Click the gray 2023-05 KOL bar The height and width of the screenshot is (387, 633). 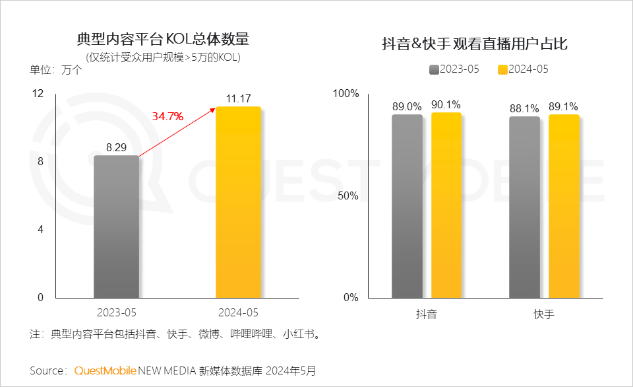point(117,227)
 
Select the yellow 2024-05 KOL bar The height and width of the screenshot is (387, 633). point(238,202)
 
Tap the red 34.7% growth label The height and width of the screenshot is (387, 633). point(167,116)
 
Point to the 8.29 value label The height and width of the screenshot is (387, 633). point(116,147)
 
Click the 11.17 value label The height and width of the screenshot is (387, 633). point(238,99)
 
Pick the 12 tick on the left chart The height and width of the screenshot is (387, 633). point(38,94)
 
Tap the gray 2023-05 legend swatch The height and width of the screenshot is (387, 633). point(433,69)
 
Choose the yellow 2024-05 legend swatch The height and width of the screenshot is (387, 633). point(502,69)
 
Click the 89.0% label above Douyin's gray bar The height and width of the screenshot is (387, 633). point(407,106)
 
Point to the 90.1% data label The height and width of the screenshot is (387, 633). point(446,104)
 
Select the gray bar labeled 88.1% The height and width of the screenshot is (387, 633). point(524,207)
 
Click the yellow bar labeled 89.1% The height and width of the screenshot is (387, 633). point(564,206)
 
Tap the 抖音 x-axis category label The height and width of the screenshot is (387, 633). point(427,314)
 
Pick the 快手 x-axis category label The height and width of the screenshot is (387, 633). point(544,314)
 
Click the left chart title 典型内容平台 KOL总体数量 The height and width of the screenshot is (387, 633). point(163,39)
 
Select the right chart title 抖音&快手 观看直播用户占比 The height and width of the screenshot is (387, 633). point(475,44)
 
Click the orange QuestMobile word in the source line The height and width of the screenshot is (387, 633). point(105,370)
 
